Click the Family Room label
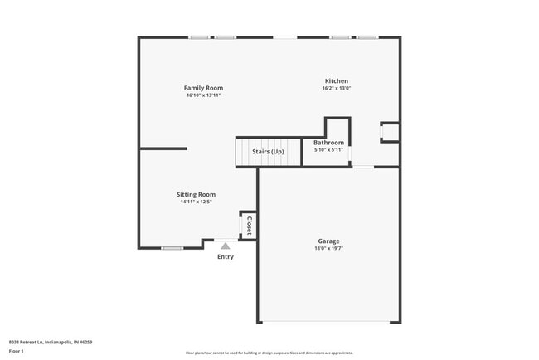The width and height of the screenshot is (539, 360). pos(203,88)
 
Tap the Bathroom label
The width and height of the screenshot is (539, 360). pos(328,143)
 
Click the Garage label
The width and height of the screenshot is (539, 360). pos(328,241)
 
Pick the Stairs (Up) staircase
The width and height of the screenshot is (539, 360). pos(268,152)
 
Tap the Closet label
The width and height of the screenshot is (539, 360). pos(248,225)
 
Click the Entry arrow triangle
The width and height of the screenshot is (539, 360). pos(225,246)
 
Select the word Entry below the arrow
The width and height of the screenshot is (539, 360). pos(226,256)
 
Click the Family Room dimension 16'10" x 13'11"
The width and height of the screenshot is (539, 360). pos(203,95)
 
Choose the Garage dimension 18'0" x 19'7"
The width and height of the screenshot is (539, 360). pos(328,249)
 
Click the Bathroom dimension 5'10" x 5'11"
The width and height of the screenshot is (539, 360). pos(328,150)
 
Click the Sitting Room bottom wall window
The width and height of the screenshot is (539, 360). pos(172,248)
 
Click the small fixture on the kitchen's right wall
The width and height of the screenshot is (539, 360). pos(389,132)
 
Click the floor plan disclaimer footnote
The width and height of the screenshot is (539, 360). pos(270,353)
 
